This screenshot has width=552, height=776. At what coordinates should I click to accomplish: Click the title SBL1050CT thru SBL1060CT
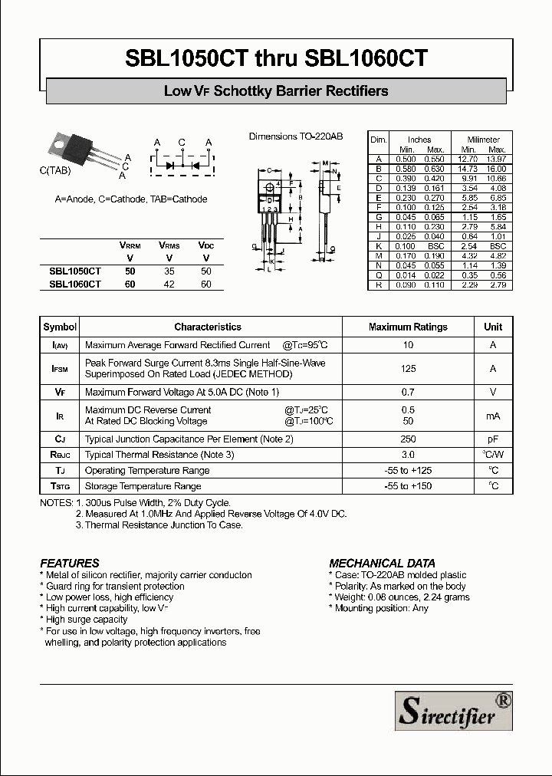pos(276,59)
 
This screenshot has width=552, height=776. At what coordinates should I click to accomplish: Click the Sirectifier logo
pos(453,710)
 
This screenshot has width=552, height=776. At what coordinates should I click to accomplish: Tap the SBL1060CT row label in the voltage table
pos(75,284)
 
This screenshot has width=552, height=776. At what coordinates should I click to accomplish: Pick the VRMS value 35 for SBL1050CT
pos(169,271)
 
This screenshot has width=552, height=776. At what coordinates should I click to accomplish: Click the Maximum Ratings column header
pos(408,327)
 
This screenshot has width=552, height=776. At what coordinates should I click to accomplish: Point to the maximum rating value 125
pos(408,369)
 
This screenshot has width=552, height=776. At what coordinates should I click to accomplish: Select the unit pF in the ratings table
pos(493,439)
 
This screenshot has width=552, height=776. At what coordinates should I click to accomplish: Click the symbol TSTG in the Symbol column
pos(61,486)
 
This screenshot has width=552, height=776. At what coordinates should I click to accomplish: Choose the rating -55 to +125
pos(408,471)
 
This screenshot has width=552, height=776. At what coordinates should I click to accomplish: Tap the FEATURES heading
pos(70,563)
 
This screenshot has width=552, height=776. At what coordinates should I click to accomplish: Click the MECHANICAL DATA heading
pos(382,563)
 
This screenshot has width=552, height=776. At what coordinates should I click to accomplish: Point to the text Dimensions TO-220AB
pos(295,136)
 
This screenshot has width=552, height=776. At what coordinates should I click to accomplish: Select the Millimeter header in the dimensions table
pos(483,140)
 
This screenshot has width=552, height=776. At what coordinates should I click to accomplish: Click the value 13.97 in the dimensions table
pos(497,159)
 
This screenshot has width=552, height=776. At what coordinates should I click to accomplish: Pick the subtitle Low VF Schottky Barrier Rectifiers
pos(276,91)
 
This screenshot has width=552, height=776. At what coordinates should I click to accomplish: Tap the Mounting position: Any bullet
pos(379,608)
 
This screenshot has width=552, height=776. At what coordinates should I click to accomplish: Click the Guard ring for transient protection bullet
pos(115,586)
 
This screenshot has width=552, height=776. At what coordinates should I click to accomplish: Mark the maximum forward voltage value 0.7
pos(408,392)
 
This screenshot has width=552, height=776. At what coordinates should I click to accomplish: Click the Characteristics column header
pos(208,327)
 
